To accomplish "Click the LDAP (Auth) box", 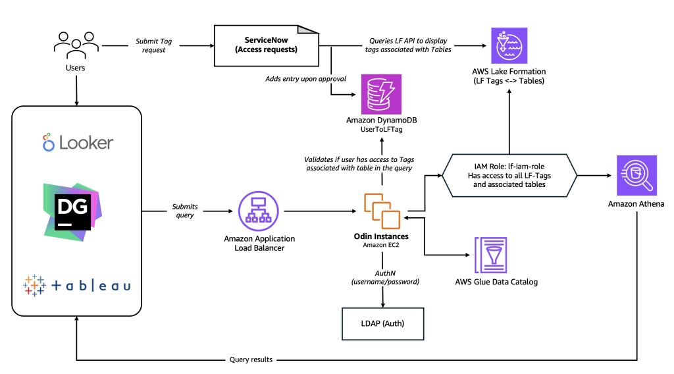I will pyautogui.click(x=382, y=323).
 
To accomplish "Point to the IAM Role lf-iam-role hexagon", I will pyautogui.click(x=509, y=175).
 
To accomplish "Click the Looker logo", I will pyautogui.click(x=78, y=142).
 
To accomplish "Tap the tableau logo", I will pyautogui.click(x=77, y=285).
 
